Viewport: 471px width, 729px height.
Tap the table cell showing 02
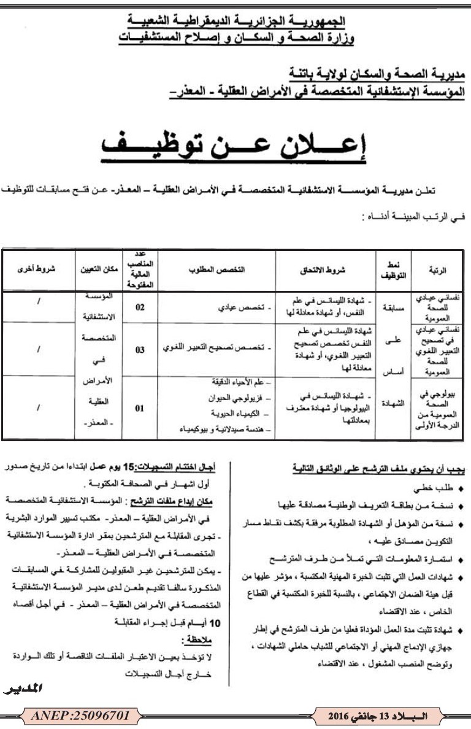(140, 307)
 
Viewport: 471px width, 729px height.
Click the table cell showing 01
(140, 408)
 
